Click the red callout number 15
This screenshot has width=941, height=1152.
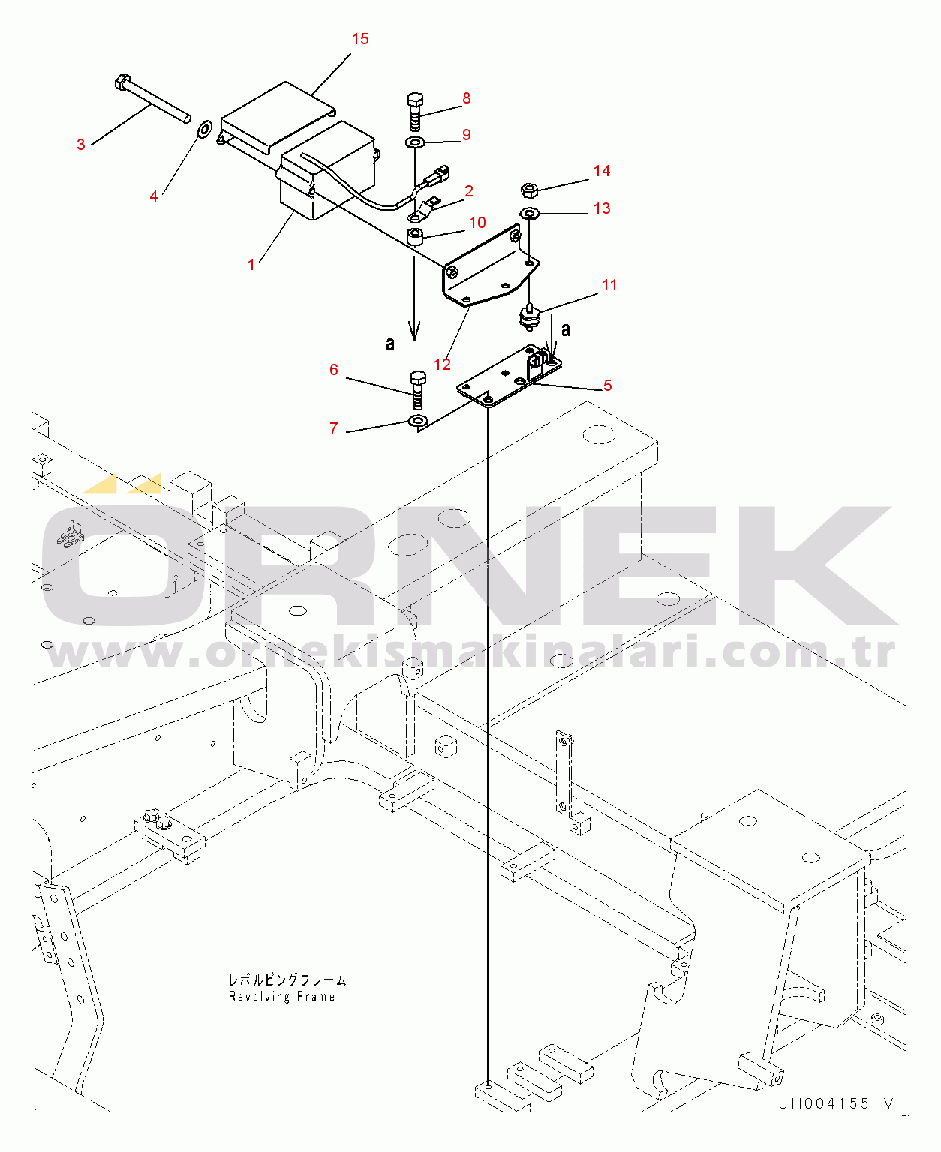tap(360, 39)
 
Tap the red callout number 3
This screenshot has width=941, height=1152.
tap(81, 145)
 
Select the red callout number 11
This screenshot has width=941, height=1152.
tap(609, 284)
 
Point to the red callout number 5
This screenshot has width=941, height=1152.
tap(608, 385)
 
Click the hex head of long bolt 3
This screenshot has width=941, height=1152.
tap(123, 82)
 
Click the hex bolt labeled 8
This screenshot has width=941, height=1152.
tap(416, 112)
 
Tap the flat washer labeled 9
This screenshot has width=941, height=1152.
tap(415, 143)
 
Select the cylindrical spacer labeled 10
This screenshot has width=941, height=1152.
tap(416, 238)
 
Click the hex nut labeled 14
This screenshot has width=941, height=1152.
tap(529, 190)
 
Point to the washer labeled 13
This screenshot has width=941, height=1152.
tap(529, 213)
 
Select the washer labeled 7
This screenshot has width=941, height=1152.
tap(418, 421)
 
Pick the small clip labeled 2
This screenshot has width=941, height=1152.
tap(424, 210)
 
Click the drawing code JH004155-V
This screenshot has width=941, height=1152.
tap(835, 1104)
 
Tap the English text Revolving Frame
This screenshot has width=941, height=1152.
tap(282, 997)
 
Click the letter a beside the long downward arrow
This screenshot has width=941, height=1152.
tap(389, 343)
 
